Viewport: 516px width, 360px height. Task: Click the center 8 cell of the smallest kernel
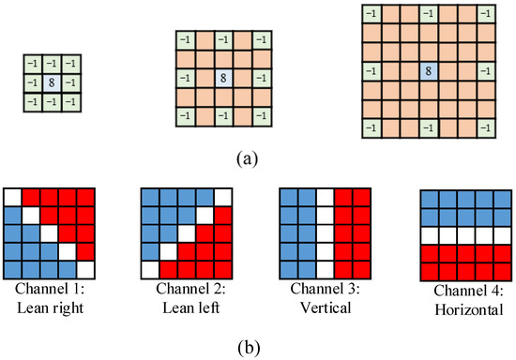coord(50,83)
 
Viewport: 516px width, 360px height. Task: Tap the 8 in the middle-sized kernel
coord(223,78)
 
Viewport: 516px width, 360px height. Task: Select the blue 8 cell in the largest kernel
coord(428,70)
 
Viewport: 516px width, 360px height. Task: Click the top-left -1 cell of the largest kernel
coord(372,14)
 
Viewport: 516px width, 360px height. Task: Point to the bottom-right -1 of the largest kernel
coord(484,127)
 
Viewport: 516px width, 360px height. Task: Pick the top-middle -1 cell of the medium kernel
coord(223,40)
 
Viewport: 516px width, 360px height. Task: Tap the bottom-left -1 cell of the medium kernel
coord(186,115)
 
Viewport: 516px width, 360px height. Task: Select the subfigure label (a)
coord(244,158)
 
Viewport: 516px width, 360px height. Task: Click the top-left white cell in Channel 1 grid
coord(12,198)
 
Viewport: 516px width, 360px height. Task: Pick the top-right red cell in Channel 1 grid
coord(85,198)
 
